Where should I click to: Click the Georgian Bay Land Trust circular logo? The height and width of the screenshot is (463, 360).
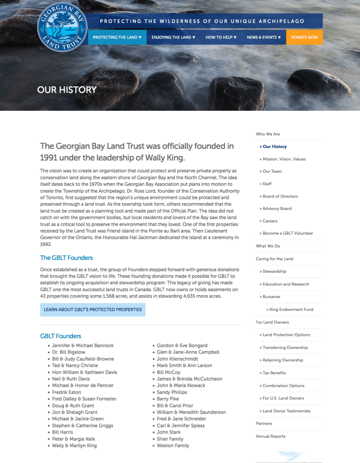click(x=62, y=27)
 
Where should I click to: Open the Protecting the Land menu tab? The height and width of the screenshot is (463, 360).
click(x=117, y=37)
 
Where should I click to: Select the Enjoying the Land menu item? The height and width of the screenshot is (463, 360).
click(x=173, y=37)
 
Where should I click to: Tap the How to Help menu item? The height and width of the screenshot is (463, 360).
click(x=221, y=37)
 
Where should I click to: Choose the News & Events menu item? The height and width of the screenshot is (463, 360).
click(x=264, y=37)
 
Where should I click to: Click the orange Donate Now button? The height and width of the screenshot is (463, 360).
click(x=304, y=37)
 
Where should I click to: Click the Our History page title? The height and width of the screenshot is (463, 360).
click(x=67, y=90)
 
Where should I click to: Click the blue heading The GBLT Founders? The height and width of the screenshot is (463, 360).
click(x=66, y=258)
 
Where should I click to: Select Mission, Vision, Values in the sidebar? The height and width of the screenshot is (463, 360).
click(x=284, y=159)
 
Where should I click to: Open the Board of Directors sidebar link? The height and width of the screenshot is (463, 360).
click(x=281, y=196)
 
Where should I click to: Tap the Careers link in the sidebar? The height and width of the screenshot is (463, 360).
click(x=270, y=221)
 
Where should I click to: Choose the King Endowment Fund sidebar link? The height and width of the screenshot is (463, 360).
click(x=291, y=310)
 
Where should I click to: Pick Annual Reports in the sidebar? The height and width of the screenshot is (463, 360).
click(x=271, y=436)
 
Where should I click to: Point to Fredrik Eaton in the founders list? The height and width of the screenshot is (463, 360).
click(x=66, y=392)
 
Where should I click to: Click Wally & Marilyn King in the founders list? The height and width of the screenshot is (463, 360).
click(x=74, y=445)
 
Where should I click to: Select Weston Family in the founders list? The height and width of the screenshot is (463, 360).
click(x=173, y=445)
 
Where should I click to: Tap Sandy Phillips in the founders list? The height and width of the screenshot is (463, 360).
click(x=172, y=392)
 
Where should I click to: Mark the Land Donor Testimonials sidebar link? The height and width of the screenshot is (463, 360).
click(x=286, y=411)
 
